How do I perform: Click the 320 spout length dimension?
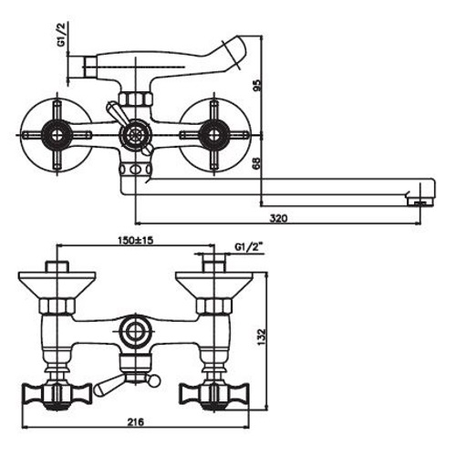click(278, 218)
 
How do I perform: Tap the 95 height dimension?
click(257, 86)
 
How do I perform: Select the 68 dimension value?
click(257, 164)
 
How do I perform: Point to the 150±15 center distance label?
click(136, 240)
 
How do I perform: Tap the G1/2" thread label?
click(249, 247)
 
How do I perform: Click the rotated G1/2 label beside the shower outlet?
click(62, 34)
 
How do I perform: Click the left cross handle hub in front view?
click(57, 135)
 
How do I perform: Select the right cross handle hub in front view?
click(213, 135)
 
